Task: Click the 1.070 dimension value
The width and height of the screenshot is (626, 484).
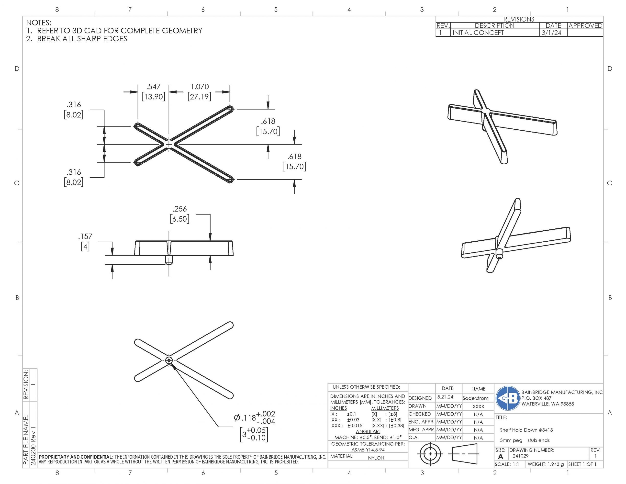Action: coord(200,87)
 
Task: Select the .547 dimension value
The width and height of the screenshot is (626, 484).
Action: coord(153,87)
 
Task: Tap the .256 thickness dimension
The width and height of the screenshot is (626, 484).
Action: coord(179,209)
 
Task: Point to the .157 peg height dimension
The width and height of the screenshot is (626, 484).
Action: coord(85,236)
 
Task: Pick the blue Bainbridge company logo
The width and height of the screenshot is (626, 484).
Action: coord(508,398)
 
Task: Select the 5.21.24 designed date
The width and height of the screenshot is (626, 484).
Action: coord(445,397)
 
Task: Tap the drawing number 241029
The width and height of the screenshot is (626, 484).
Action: coord(521,456)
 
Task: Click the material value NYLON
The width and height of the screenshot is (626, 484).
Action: coord(376,458)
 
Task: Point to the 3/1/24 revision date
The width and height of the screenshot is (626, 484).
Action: coord(551,33)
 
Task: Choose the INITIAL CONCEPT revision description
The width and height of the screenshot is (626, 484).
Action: coord(478,33)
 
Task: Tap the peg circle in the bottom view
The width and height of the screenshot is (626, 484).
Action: coord(169,360)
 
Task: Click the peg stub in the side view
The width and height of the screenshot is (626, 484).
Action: coord(169,260)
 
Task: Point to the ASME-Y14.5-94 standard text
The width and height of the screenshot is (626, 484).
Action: coord(368,450)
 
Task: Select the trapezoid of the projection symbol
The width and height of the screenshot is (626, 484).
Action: coord(465,454)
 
